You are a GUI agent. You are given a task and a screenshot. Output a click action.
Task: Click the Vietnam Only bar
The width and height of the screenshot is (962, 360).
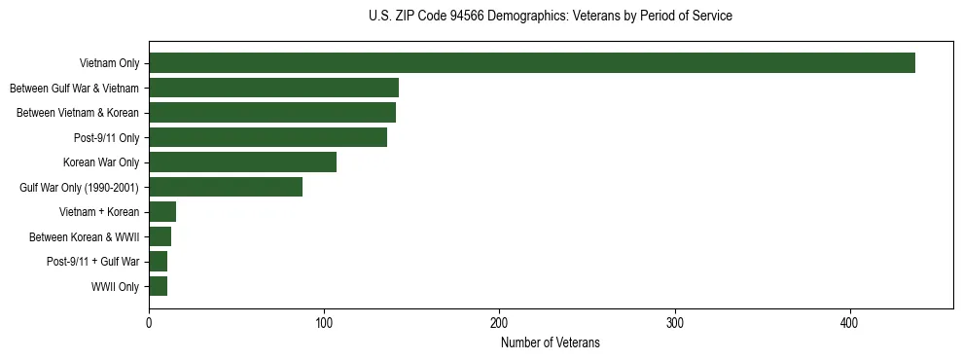tap(532, 63)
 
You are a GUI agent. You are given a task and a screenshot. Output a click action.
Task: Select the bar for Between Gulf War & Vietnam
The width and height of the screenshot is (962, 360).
tap(273, 89)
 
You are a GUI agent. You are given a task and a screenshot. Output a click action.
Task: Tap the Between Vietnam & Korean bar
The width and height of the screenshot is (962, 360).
tap(272, 113)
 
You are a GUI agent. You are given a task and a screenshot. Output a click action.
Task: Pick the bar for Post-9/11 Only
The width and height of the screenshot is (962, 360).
tap(267, 138)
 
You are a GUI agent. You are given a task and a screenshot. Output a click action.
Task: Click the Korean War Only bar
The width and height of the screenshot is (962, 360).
tap(242, 162)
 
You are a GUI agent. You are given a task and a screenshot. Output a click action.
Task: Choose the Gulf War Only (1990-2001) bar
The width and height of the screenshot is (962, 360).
tap(226, 187)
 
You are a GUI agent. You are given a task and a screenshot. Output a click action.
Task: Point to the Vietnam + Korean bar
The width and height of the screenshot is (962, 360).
tap(162, 212)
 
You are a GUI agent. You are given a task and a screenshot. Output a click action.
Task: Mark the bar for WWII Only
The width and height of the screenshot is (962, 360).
tap(158, 286)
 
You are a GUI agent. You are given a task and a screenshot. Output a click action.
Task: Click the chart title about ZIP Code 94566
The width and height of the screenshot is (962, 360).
tap(551, 17)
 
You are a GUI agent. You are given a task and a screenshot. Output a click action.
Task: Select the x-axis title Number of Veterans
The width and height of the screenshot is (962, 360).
tap(551, 343)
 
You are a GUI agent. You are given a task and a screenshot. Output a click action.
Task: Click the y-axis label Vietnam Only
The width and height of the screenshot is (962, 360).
tap(109, 64)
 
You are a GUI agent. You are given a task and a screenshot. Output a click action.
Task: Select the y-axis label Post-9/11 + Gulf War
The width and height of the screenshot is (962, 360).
tap(93, 262)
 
